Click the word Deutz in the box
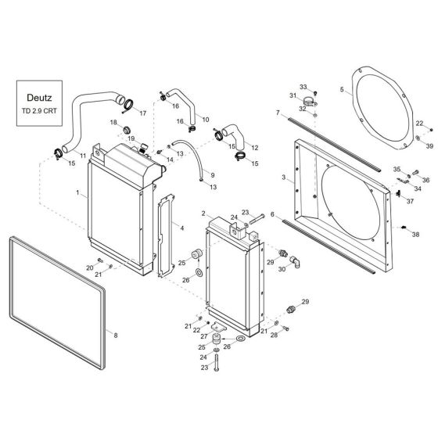(x=39, y=98)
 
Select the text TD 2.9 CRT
(x=39, y=111)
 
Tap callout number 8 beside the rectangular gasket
(x=116, y=336)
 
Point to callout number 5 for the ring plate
(x=343, y=90)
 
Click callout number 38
(x=415, y=235)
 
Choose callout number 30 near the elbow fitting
(x=282, y=269)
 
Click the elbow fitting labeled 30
(x=295, y=261)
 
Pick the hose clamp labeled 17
(x=129, y=105)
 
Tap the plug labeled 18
(x=127, y=130)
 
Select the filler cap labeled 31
(x=310, y=101)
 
